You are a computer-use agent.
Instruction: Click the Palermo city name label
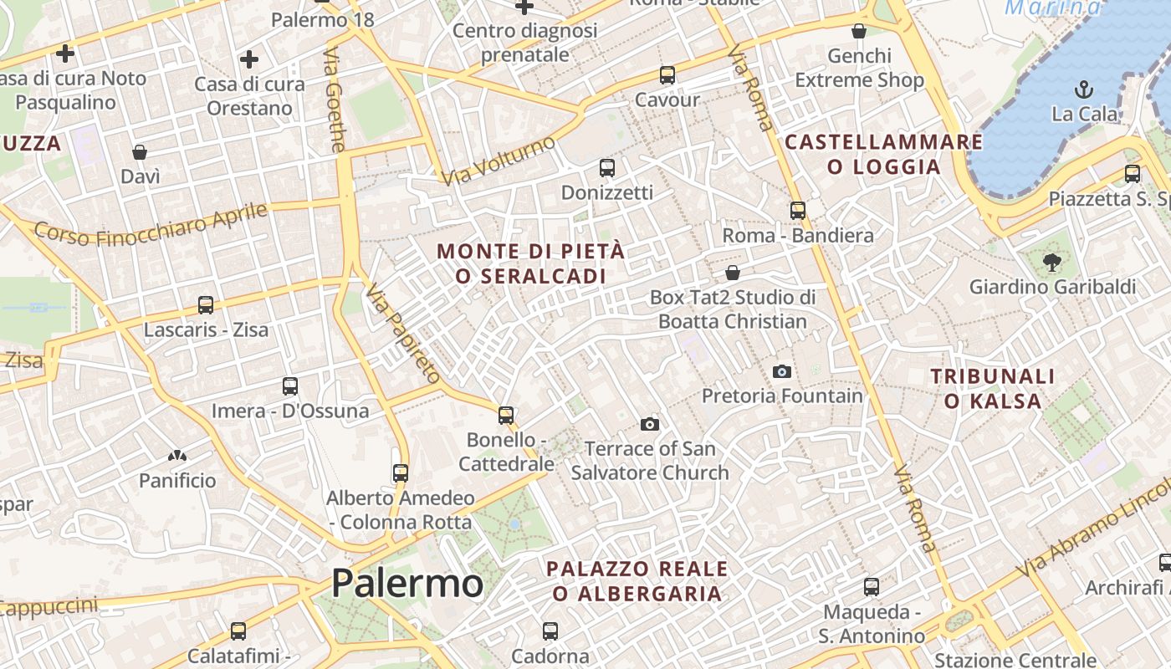point(407,583)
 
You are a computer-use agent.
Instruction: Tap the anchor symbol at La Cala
point(1084,89)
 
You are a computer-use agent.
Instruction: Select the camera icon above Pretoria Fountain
point(782,371)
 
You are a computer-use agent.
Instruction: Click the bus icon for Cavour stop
point(667,75)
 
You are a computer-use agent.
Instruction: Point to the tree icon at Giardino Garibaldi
point(1051,263)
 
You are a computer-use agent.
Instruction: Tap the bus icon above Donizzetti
point(607,168)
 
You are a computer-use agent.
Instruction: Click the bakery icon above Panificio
point(177,456)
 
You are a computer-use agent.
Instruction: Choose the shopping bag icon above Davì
point(140,152)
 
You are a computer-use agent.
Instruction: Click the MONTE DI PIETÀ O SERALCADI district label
point(530,263)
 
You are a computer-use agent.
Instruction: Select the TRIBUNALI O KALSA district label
point(993,389)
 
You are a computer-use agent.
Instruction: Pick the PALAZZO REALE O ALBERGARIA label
point(637,581)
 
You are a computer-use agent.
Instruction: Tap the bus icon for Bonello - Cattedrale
point(506,415)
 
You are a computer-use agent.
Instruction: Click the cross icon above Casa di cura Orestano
point(248,59)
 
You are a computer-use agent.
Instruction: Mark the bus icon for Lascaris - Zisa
point(206,305)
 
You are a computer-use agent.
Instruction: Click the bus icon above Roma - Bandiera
point(798,211)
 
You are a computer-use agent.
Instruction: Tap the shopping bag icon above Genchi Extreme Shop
point(859,32)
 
